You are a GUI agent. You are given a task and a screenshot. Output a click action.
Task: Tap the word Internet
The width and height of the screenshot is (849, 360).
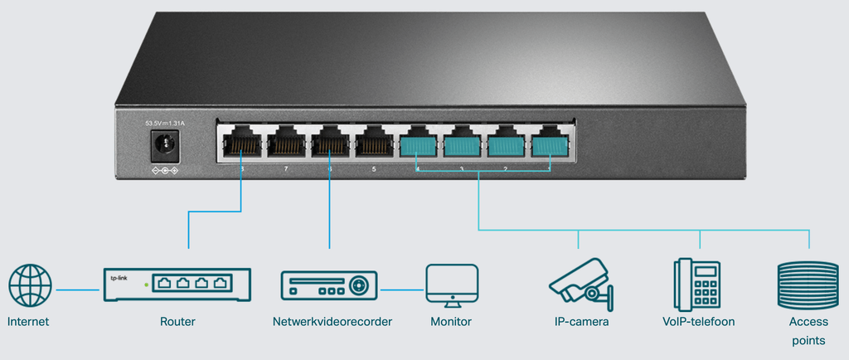[x=29, y=322]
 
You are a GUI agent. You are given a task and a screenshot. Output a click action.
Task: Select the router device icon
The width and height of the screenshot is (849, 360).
[x=177, y=284]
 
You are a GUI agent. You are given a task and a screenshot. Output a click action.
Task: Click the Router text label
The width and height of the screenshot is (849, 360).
[x=177, y=322]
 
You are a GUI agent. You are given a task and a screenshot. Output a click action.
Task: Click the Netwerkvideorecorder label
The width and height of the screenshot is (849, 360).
[x=332, y=322]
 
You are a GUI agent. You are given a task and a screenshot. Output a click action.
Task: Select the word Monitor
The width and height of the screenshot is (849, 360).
[x=451, y=322]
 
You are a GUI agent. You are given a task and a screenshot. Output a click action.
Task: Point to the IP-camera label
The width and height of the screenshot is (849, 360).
[x=581, y=322]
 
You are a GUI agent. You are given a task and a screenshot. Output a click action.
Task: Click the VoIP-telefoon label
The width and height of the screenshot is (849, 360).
[x=698, y=322]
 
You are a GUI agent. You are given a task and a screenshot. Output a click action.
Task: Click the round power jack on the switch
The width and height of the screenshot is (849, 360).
[x=163, y=148]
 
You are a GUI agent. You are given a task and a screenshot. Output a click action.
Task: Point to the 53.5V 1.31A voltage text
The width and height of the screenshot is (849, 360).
[x=165, y=124]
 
